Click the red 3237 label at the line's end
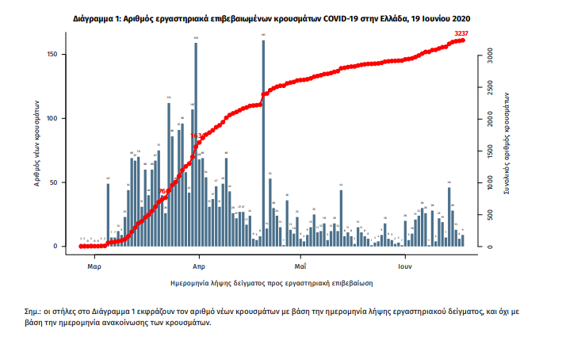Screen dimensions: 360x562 click(x=463, y=33)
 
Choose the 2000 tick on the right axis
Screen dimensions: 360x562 click(x=491, y=121)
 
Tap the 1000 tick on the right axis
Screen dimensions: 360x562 click(x=491, y=184)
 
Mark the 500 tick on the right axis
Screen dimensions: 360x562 click(x=491, y=216)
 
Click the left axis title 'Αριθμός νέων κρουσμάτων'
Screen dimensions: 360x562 click(x=38, y=145)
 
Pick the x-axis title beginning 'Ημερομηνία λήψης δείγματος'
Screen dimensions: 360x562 click(x=272, y=281)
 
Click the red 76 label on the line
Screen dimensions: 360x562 click(x=162, y=191)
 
